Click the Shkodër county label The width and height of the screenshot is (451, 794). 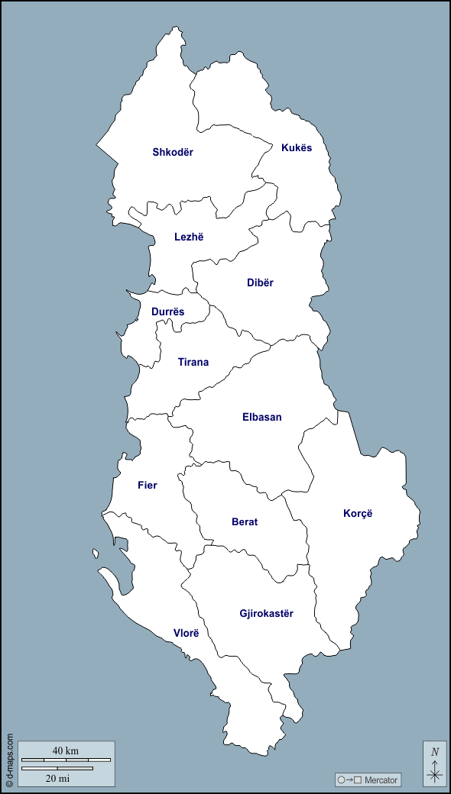173,152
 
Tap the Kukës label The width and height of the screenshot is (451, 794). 297,147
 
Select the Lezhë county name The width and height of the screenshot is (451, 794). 189,237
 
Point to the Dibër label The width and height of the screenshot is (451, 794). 260,282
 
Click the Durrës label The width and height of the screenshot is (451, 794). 167,311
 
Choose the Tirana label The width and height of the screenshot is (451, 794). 193,362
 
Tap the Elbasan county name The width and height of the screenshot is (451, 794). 262,417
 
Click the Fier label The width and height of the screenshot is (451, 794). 148,485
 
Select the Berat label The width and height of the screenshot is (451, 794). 245,522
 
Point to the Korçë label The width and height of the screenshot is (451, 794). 358,513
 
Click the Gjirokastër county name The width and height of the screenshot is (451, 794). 266,613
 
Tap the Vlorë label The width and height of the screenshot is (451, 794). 186,633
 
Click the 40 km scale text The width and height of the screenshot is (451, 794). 66,750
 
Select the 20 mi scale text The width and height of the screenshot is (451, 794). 58,778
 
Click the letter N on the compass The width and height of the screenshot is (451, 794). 435,751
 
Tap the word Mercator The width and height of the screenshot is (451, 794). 381,779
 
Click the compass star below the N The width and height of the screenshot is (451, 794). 435,773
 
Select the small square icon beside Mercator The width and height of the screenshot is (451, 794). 357,779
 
